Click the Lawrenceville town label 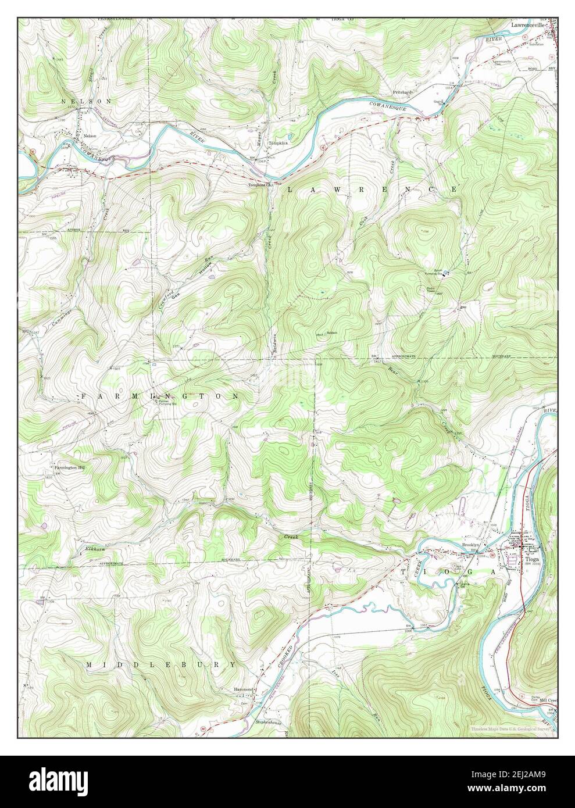(x=527, y=26)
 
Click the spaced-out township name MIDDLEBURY (x=161, y=664)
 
